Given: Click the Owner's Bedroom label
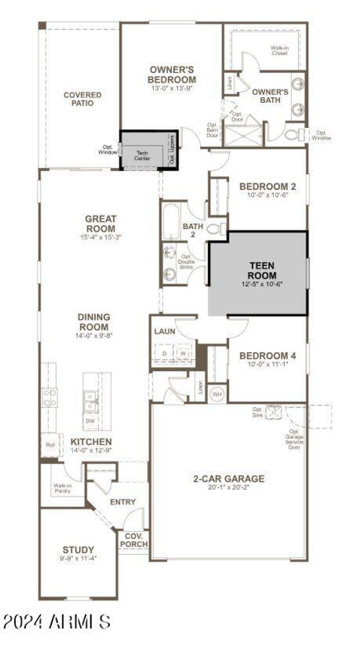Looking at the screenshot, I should coord(172,75).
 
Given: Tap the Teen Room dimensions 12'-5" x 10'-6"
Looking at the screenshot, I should coord(258,284).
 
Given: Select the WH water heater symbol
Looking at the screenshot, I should coord(217,394).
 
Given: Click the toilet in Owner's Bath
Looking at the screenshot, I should coord(292,134).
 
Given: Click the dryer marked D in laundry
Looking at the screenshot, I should coord(165,354).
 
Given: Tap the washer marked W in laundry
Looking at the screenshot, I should coord(183,354).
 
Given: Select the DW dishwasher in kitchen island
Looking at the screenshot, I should coord(91,421).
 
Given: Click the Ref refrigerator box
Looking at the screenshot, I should coord(50,445).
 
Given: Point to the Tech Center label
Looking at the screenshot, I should coord(143,155).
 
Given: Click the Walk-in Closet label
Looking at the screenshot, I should coord(279,50).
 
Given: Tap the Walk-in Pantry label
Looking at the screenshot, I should coord(63,488).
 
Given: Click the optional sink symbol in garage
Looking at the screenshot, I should coord(273,412).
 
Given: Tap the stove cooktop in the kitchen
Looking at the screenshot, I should coord(49,397).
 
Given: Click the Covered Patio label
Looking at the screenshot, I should coord(82,99).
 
